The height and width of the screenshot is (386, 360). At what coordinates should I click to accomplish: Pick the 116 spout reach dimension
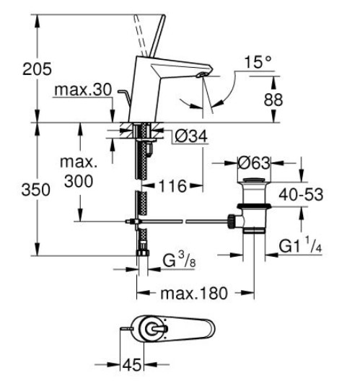pyautogui.click(x=172, y=185)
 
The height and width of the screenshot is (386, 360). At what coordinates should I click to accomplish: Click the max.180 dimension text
pyautogui.click(x=196, y=294)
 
